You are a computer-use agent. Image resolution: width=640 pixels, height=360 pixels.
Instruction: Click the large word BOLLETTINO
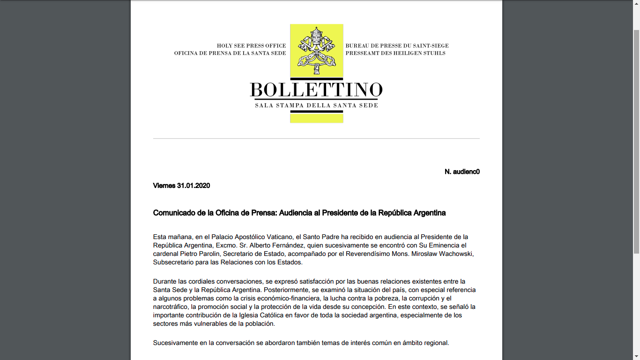pos(316,89)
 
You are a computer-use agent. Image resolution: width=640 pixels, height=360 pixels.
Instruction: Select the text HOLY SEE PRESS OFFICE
pos(251,46)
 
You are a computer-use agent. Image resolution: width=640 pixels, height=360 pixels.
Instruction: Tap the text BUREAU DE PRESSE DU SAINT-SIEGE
pos(397,46)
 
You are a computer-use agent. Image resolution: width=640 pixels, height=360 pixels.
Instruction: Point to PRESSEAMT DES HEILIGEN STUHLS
pos(395,53)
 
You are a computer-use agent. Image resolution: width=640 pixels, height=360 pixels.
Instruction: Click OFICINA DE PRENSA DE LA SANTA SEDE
pos(230,53)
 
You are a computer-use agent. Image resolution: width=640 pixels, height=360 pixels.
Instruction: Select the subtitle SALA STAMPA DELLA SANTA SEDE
pos(316,105)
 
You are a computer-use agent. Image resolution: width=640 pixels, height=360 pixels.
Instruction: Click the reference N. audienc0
pos(462,172)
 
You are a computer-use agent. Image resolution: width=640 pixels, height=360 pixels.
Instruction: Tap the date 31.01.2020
pos(193,186)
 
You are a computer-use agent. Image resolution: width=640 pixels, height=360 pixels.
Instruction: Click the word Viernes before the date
pos(164,186)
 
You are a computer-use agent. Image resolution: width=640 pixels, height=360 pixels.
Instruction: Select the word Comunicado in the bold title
pos(174,213)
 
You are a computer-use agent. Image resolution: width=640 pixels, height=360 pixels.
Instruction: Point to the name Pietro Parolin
pos(197,254)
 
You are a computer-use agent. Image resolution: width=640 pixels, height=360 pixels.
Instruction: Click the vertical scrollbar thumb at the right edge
pos(636,141)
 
